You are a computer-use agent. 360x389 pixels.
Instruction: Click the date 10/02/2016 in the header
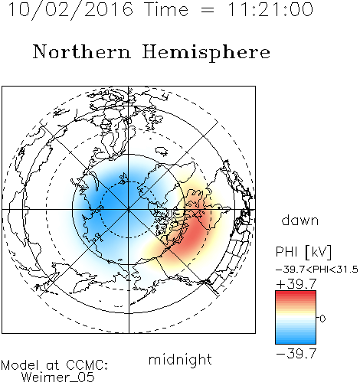coord(70,9)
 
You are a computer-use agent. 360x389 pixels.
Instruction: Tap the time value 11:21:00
coord(270,9)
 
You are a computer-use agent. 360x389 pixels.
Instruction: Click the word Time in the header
coord(166,9)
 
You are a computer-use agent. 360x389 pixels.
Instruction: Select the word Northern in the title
coord(82,51)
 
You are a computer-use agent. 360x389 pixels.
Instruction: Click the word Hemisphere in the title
coord(206,53)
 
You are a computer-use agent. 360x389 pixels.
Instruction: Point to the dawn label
coord(300,221)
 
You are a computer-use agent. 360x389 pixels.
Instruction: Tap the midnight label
coord(180,360)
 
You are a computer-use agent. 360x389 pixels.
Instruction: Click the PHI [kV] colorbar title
coord(303,252)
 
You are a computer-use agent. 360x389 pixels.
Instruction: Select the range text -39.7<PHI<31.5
coord(317,270)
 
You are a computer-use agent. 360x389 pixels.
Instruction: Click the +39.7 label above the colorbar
coord(296,284)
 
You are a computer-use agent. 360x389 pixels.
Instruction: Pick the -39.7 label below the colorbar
coord(296,354)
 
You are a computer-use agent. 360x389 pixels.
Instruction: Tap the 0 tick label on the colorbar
coord(322,319)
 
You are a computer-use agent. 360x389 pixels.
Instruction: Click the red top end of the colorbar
coord(296,293)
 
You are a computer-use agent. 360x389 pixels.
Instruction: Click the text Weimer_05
coord(58,378)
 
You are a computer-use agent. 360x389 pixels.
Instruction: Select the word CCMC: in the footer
coord(87,365)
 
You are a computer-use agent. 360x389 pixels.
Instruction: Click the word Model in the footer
coord(20,365)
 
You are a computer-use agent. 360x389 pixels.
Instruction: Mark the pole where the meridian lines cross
coord(129,210)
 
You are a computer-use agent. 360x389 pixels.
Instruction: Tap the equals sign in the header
coord(208,10)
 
